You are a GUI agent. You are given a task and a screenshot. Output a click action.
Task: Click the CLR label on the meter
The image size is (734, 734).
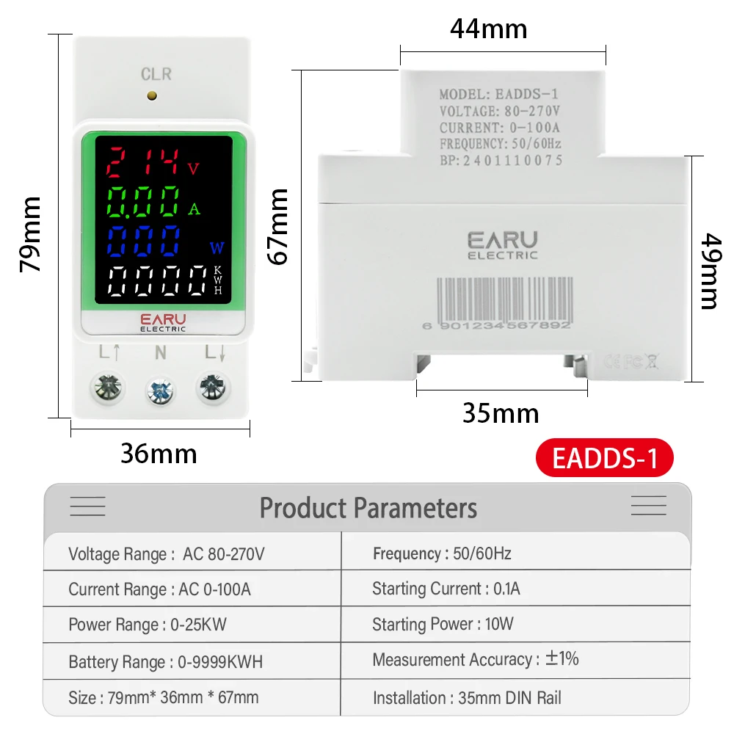pyautogui.click(x=156, y=74)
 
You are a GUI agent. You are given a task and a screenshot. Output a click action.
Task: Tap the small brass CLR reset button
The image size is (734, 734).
pyautogui.click(x=152, y=95)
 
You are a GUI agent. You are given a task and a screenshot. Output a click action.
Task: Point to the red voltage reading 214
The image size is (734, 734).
pyautogui.click(x=143, y=162)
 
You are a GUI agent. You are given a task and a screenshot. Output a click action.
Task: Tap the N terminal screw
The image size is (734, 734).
pyautogui.click(x=159, y=390)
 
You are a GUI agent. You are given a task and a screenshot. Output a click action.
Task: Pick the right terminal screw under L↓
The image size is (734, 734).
pyautogui.click(x=211, y=386)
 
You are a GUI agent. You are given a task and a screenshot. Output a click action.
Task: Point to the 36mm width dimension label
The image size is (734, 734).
pyautogui.click(x=159, y=454)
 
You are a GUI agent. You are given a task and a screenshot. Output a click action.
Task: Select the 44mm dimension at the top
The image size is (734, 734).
pyautogui.click(x=488, y=29)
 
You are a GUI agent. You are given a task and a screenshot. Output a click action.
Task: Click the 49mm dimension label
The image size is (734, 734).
pyautogui.click(x=708, y=271)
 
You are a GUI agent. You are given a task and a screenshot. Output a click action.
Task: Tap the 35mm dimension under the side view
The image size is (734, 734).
pyautogui.click(x=501, y=413)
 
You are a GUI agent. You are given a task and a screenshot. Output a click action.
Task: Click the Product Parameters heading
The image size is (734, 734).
pyautogui.click(x=368, y=508)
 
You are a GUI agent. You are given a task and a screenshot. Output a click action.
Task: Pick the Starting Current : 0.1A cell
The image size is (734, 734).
pyautogui.click(x=446, y=589)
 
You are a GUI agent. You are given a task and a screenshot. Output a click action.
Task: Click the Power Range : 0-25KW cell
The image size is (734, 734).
pyautogui.click(x=148, y=625)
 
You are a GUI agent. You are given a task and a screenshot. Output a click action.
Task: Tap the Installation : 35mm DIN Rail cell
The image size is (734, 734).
pyautogui.click(x=467, y=698)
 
